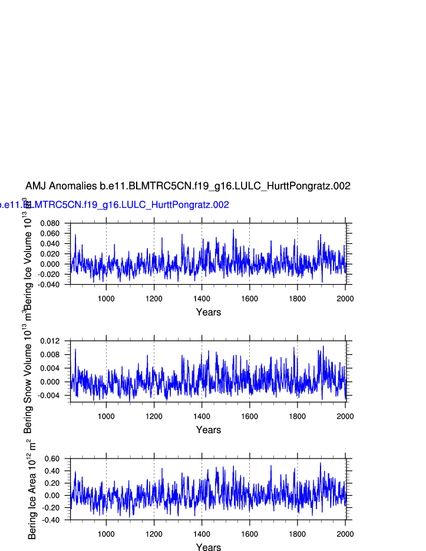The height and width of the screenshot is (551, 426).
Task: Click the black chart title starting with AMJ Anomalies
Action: pos(187,186)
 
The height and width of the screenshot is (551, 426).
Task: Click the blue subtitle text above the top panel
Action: pos(114,205)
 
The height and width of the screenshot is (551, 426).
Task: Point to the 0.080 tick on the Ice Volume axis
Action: pos(50,223)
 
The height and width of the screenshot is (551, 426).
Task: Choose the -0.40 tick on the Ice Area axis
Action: pos(52,520)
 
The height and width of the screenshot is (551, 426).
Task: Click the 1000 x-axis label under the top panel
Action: pos(106,299)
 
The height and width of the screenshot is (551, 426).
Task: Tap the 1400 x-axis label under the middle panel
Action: pos(202,417)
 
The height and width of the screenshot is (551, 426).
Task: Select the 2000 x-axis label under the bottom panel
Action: pos(345,534)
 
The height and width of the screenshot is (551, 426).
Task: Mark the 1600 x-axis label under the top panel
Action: pos(249,299)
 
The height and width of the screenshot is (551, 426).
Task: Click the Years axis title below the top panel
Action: pos(209,312)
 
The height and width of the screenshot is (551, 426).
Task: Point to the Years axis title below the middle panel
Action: pos(209,430)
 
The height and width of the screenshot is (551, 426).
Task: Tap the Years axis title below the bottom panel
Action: pos(209,547)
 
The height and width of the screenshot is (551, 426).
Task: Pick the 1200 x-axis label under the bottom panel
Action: pos(154,534)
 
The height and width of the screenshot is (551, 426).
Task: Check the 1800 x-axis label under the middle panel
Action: pos(297,417)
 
